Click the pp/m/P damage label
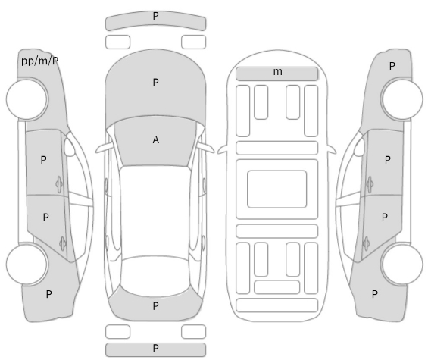40,61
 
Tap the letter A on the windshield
155,139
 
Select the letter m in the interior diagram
277,72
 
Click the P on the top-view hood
155,82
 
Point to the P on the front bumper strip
155,16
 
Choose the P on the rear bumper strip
155,349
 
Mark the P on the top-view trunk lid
155,306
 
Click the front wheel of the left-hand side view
27,99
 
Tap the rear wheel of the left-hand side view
27,265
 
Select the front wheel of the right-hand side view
401,99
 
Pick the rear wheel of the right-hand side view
401,265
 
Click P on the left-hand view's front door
43,160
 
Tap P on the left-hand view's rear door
46,218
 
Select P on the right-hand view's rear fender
375,294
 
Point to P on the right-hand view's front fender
392,66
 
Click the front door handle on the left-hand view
59,184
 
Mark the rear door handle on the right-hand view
367,243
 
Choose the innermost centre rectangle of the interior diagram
276,189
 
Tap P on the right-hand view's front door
387,160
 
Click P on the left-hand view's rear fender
48,294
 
